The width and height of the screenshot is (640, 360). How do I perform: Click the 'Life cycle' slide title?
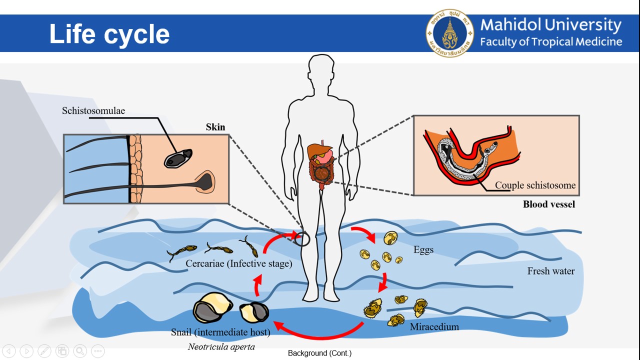click(109, 34)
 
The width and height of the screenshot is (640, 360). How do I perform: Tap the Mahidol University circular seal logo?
click(449, 33)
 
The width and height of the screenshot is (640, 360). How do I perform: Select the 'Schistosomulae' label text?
click(93, 110)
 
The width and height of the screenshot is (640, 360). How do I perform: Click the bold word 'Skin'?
click(215, 127)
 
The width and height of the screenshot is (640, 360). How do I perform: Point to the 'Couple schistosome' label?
click(535, 185)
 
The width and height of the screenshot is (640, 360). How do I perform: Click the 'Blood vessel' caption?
click(548, 204)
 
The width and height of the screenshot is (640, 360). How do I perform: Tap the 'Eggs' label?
click(423, 250)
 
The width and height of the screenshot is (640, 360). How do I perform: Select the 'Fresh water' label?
click(550, 271)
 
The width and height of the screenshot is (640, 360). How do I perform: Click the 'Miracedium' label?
click(434, 327)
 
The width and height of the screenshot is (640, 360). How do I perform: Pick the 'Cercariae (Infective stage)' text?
click(238, 263)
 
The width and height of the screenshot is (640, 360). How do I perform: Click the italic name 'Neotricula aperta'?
click(221, 346)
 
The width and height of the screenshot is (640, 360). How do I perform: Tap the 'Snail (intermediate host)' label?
click(220, 332)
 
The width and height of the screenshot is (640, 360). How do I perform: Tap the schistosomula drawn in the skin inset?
click(178, 158)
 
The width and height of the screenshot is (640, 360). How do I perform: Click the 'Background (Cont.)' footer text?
click(319, 353)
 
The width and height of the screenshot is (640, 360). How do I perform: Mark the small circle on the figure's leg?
click(302, 239)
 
